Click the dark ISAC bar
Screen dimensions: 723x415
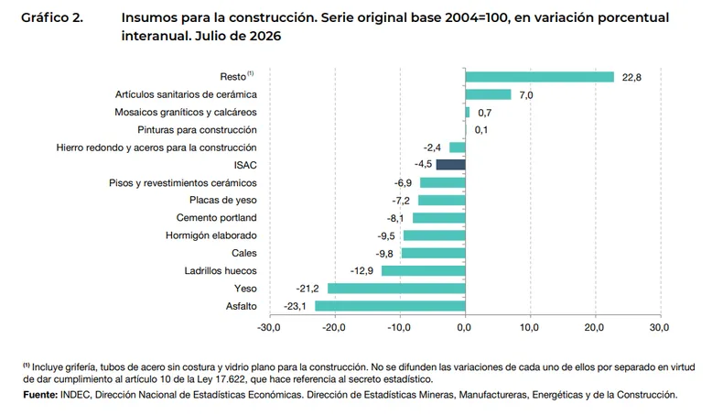point(450,164)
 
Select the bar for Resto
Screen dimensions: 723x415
point(539,77)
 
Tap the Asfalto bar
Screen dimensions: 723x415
point(390,306)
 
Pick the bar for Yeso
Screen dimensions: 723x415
point(396,289)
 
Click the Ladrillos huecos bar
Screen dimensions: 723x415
point(424,270)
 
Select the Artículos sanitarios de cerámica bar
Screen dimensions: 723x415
point(488,94)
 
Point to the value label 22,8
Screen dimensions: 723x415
point(631,77)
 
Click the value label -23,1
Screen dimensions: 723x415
point(295,306)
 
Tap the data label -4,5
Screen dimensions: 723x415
point(424,164)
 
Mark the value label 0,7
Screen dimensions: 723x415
point(485,113)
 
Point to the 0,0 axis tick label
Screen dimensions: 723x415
point(465,327)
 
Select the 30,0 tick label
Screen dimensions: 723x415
point(659,327)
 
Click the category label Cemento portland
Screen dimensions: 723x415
point(216,217)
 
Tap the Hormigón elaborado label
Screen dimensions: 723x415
point(211,235)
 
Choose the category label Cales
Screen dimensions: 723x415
point(244,253)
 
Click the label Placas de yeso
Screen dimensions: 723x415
point(222,200)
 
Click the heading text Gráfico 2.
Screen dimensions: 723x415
point(52,17)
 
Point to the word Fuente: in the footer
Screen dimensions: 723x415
point(40,395)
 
